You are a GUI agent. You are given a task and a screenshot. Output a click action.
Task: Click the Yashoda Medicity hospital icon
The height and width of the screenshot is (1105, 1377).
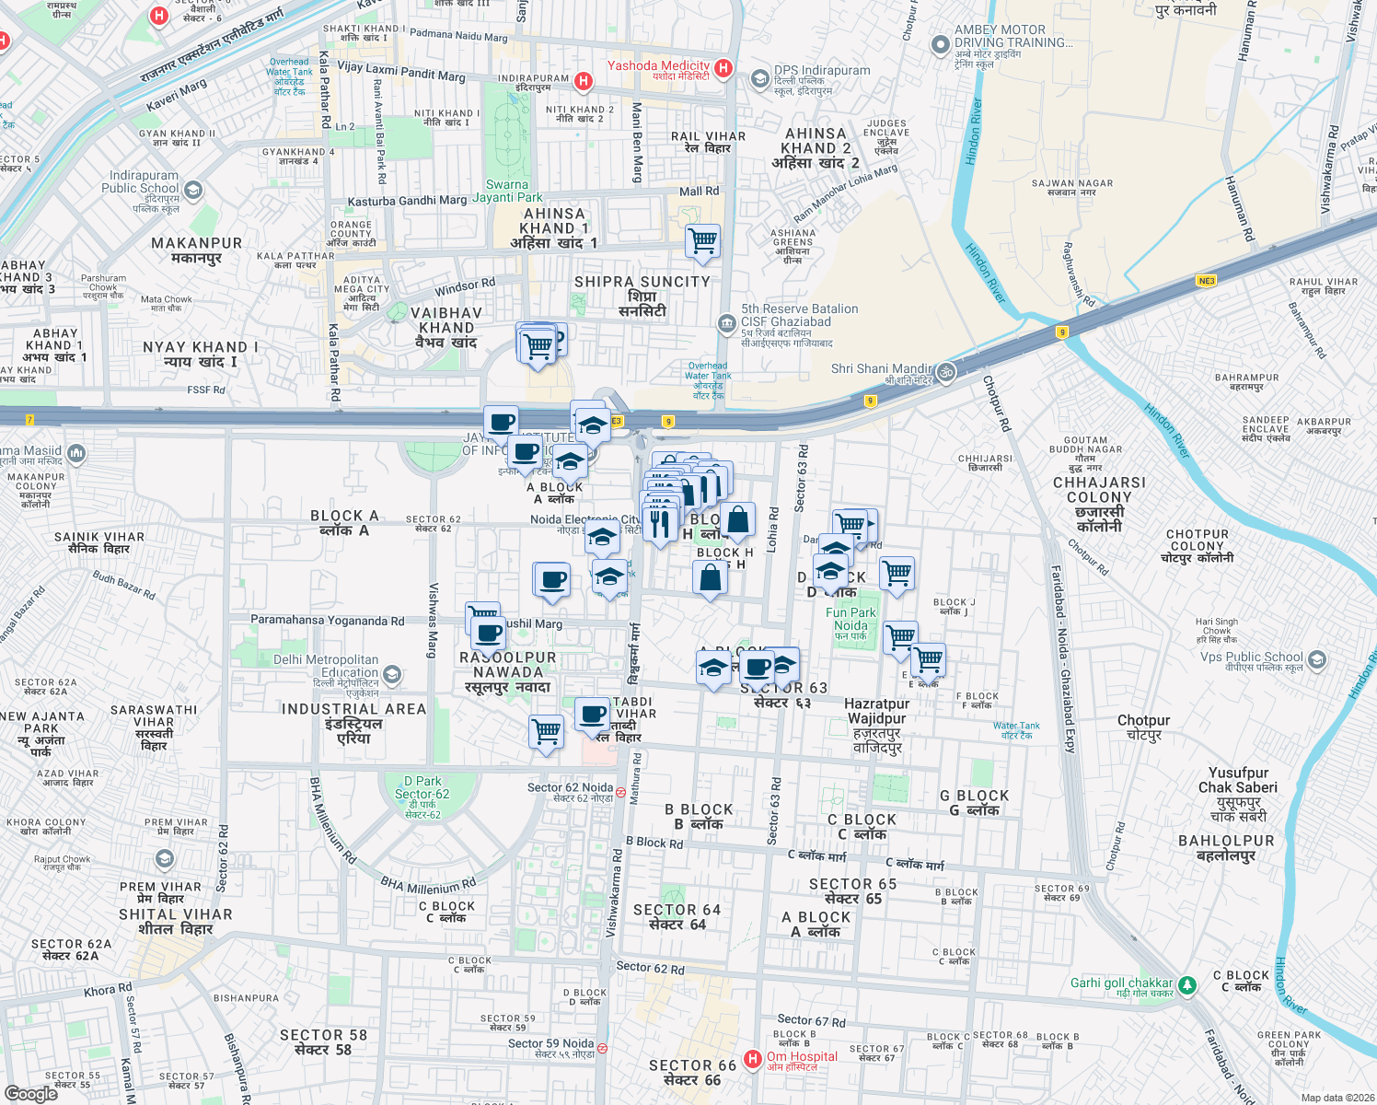tap(723, 67)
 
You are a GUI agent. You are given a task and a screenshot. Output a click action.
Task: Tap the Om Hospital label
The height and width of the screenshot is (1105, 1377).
tap(802, 1056)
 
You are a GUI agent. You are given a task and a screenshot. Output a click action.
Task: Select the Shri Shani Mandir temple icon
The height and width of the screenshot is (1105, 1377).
tap(946, 372)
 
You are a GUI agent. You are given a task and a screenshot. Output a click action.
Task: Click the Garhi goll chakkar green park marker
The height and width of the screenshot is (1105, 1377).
tap(1187, 986)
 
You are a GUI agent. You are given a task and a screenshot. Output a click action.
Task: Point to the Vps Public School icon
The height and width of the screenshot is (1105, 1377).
tap(1317, 660)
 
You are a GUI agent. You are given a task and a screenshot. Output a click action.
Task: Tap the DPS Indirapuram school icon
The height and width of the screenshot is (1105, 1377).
tap(759, 79)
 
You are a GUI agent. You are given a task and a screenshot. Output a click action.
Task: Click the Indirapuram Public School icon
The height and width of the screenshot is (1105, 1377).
tap(193, 191)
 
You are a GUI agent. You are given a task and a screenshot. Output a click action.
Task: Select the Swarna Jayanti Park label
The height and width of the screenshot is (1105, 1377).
tap(507, 191)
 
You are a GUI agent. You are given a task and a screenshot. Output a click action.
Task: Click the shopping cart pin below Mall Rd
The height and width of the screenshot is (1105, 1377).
tap(703, 241)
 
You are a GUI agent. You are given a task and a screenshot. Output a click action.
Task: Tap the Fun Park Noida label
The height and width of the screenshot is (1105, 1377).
tap(851, 619)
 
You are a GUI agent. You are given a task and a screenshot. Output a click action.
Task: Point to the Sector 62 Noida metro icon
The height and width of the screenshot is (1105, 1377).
tap(621, 792)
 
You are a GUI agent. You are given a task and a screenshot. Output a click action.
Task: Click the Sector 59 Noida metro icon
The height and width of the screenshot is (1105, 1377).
tap(602, 1048)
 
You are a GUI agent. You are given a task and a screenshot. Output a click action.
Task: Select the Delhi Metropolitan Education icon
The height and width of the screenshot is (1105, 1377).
tap(392, 675)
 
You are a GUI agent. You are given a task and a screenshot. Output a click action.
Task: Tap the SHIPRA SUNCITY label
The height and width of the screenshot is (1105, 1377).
tap(642, 282)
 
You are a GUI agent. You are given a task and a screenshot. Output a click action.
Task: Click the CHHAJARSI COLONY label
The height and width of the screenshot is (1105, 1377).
tap(1099, 489)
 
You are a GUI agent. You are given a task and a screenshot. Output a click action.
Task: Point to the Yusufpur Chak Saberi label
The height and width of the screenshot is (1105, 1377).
tap(1238, 780)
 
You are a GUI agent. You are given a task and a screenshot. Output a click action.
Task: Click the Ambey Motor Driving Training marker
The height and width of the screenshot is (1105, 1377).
tap(940, 44)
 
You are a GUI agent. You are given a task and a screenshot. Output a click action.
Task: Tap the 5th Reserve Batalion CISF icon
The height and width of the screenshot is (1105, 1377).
tap(726, 321)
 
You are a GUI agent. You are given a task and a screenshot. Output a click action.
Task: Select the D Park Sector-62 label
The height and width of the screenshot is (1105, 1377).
tap(422, 787)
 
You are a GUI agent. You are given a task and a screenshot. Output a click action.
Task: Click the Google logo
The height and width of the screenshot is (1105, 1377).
tap(31, 1093)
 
